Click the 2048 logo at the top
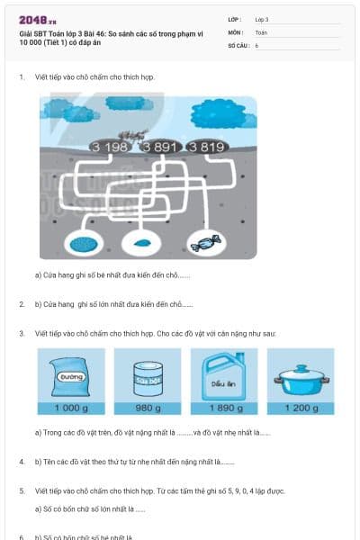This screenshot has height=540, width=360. [x=38, y=19]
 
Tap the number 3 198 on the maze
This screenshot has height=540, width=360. [x=110, y=147]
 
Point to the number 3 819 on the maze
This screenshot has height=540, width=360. [x=206, y=147]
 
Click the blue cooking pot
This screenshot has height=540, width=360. [x=301, y=378]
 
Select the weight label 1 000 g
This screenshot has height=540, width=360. [x=71, y=408]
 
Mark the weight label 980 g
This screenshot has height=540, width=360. [x=147, y=408]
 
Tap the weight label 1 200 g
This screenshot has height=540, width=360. [x=301, y=408]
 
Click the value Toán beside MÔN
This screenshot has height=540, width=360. [x=261, y=31]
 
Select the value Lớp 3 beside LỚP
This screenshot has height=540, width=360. [x=262, y=19]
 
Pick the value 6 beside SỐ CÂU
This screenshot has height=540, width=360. [x=256, y=44]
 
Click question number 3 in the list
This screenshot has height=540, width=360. [x=22, y=333]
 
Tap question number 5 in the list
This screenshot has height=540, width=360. [x=22, y=491]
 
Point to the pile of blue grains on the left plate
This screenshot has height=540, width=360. [x=85, y=243]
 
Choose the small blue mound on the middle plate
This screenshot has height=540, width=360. [x=141, y=243]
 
